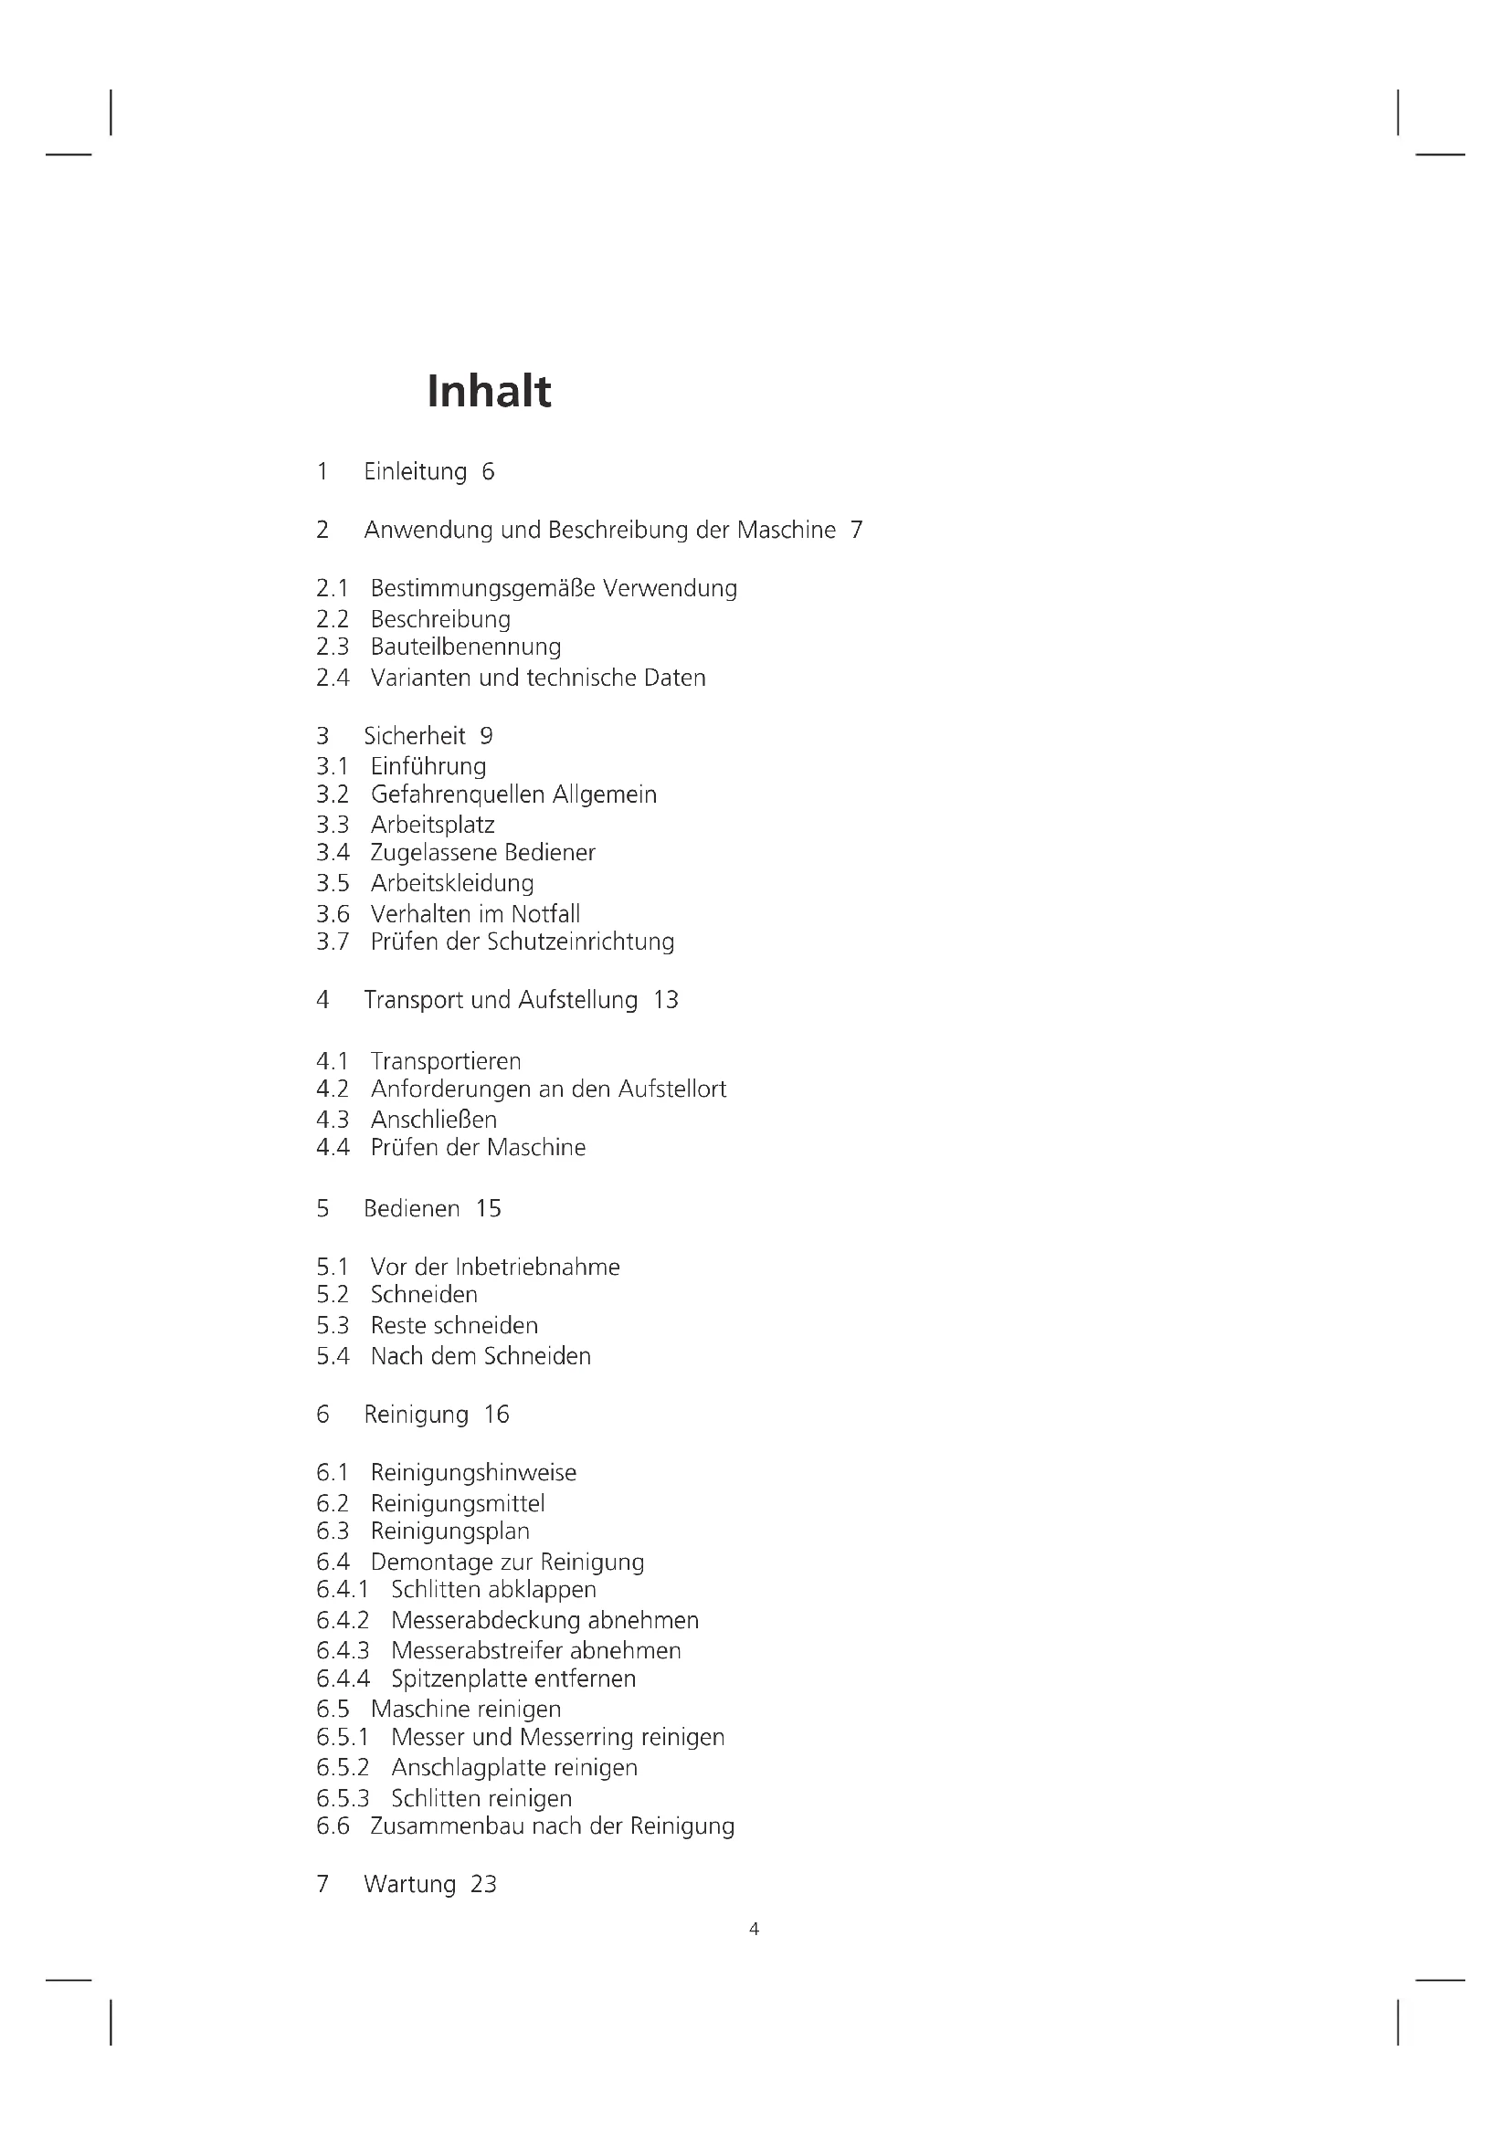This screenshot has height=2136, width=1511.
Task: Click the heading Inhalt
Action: click(x=489, y=391)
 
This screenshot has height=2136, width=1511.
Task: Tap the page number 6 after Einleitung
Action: click(x=488, y=471)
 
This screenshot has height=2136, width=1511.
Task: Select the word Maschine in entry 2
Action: click(x=787, y=531)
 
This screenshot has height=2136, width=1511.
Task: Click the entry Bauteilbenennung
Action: click(x=465, y=647)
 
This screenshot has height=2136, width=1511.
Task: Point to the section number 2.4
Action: click(x=333, y=679)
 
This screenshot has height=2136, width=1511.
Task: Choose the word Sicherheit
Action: click(x=414, y=736)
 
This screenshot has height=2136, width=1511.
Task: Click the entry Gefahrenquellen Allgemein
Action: click(x=513, y=794)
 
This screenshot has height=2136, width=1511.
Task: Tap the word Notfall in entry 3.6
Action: click(x=545, y=913)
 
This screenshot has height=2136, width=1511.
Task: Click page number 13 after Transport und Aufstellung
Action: click(x=665, y=1000)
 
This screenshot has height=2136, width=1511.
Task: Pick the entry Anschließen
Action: click(x=434, y=1120)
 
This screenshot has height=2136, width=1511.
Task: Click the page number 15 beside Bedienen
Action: click(x=489, y=1208)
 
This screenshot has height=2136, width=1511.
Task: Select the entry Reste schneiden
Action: click(x=454, y=1326)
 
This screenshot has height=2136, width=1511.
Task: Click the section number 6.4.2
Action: click(x=343, y=1620)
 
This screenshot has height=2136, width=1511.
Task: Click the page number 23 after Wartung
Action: click(x=484, y=1884)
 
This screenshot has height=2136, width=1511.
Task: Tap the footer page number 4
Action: click(x=754, y=1930)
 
